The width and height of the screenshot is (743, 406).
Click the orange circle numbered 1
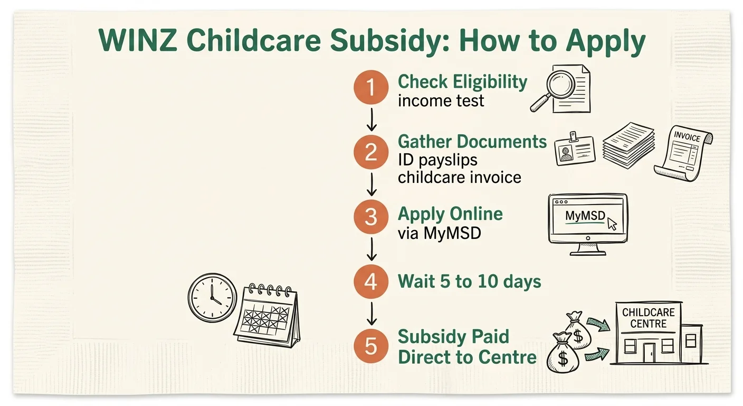pyautogui.click(x=371, y=87)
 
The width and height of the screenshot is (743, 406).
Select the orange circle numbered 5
pyautogui.click(x=371, y=346)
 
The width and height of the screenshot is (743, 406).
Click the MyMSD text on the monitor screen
pyautogui.click(x=584, y=216)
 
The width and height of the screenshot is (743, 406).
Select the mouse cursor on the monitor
pyautogui.click(x=612, y=223)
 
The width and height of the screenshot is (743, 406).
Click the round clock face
pyautogui.click(x=213, y=297)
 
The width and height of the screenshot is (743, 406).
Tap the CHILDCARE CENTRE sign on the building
pyautogui.click(x=648, y=318)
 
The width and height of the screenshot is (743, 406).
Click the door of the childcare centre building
pyautogui.click(x=649, y=352)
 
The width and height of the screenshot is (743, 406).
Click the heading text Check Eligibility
pyautogui.click(x=462, y=82)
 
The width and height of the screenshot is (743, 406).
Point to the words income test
pyautogui.click(x=441, y=100)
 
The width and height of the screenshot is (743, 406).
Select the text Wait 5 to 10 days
pyautogui.click(x=469, y=281)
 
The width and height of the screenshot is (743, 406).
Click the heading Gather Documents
pyautogui.click(x=472, y=142)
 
